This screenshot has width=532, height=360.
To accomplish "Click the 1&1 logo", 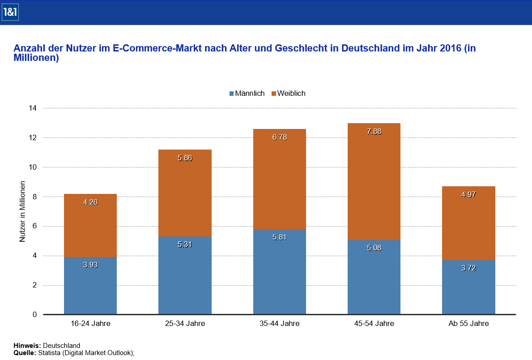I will pos(10,13).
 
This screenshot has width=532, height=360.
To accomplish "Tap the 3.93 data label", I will pos(90,265).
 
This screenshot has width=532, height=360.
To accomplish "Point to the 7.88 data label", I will pos(374,132).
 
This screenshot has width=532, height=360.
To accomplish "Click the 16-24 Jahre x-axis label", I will pos(90,323).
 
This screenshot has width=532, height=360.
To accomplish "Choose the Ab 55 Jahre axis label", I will pos(468,323).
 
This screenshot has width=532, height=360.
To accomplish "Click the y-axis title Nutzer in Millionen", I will pos(22,211).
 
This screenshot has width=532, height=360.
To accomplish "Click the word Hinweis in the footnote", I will pos(27,345).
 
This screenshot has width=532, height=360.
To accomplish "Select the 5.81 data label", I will pos(280,236).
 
